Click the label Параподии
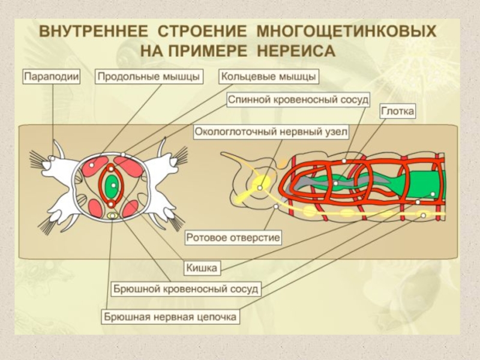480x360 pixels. click(52, 76)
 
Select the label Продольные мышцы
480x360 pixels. click(148, 76)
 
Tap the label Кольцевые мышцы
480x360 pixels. click(268, 76)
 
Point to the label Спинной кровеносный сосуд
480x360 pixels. click(298, 99)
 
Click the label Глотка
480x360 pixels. click(398, 112)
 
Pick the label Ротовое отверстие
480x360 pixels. click(233, 238)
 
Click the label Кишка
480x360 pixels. click(201, 268)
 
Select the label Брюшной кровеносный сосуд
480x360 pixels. click(186, 289)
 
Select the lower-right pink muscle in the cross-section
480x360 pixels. click(131, 208)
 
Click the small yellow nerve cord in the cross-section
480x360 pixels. click(112, 214)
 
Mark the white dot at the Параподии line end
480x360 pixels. click(53, 158)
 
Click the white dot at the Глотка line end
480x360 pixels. click(344, 161)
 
